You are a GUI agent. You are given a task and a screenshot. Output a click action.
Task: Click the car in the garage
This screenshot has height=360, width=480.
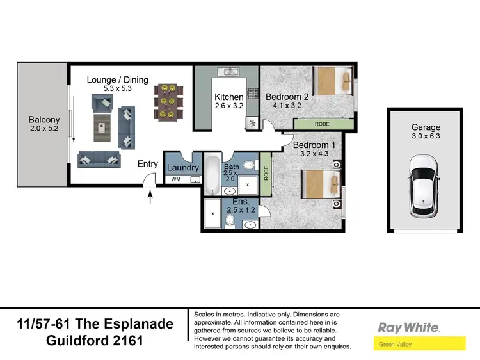[422, 185]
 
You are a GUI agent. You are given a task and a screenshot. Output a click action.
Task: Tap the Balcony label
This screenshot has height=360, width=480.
[44, 120]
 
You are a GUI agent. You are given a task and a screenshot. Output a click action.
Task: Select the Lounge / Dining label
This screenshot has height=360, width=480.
[118, 80]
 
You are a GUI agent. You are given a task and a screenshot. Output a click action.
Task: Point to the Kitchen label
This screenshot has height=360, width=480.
[228, 97]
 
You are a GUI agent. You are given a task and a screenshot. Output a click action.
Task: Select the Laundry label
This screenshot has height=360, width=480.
[182, 168]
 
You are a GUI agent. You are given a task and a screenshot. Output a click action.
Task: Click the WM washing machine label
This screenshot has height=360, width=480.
[176, 180]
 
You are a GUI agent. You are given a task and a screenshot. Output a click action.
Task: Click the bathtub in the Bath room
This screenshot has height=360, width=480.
[212, 175]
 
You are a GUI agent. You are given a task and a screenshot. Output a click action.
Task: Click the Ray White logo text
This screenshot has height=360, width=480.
[408, 327]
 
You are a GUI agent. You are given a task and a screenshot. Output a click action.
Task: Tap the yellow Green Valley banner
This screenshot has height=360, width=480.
[419, 345]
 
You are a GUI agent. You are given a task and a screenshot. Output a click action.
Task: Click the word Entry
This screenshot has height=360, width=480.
[148, 164]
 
